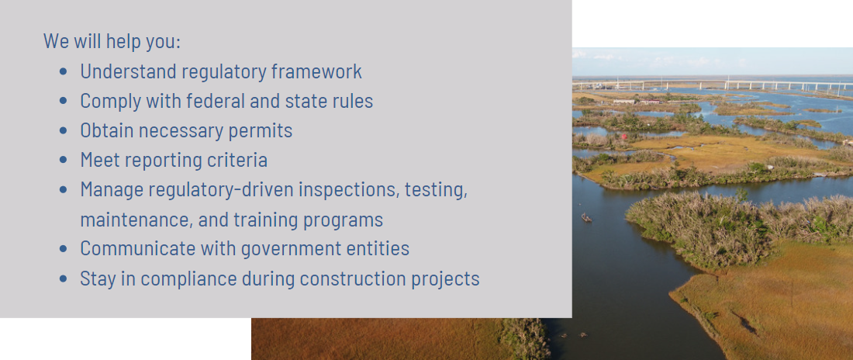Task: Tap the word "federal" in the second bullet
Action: click(212, 101)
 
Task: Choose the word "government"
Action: click(292, 249)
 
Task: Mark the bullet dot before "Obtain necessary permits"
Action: click(63, 130)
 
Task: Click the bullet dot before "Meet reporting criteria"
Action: click(63, 160)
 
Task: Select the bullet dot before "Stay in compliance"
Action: click(63, 279)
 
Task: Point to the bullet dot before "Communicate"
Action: click(63, 249)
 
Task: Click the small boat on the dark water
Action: click(586, 218)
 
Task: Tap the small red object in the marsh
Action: click(624, 136)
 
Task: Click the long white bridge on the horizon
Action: click(713, 85)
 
